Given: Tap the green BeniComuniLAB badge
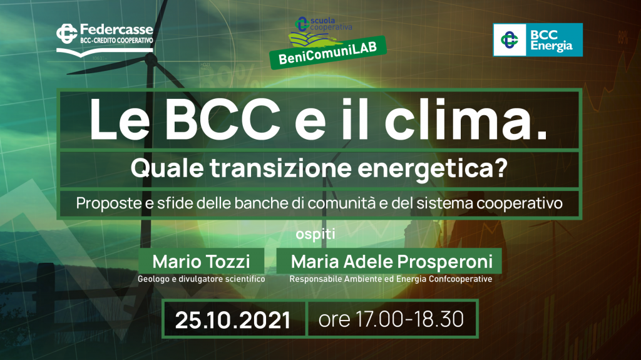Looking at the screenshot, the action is coord(328,53).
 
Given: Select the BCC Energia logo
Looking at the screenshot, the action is coord(538,39).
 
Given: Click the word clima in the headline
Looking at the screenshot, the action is coord(466,120).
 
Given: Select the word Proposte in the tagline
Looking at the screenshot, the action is coord(108,203).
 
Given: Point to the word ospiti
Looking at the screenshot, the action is coord(315,234).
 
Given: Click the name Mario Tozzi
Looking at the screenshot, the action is coord(201,262).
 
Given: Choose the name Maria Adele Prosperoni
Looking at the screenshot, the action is coord(392,262).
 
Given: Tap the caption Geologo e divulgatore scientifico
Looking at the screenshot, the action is coord(201,279).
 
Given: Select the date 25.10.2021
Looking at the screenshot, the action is coord(233,320).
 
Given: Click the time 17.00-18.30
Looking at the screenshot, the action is coord(409,319).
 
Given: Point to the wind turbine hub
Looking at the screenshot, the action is coord(151,59).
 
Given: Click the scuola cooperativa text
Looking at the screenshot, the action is coord(331,24).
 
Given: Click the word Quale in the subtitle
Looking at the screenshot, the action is coord(167,168).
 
